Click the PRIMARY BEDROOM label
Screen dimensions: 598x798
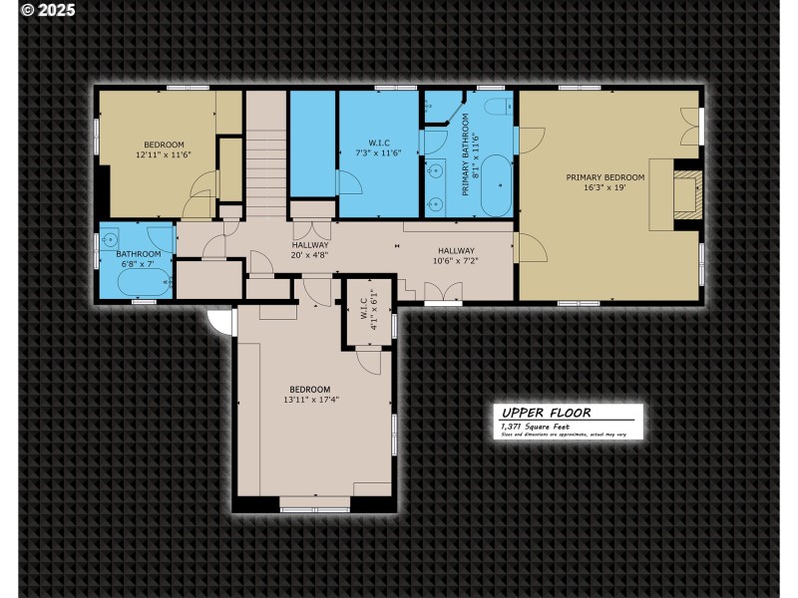point(605,177)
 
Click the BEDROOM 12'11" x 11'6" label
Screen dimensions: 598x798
point(164,149)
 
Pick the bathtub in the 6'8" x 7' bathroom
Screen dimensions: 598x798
point(141,283)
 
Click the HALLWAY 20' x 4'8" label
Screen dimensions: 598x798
point(310,250)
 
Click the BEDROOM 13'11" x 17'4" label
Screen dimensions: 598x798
point(309,395)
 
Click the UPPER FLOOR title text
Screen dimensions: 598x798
point(546,412)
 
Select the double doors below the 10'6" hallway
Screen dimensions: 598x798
point(444,291)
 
